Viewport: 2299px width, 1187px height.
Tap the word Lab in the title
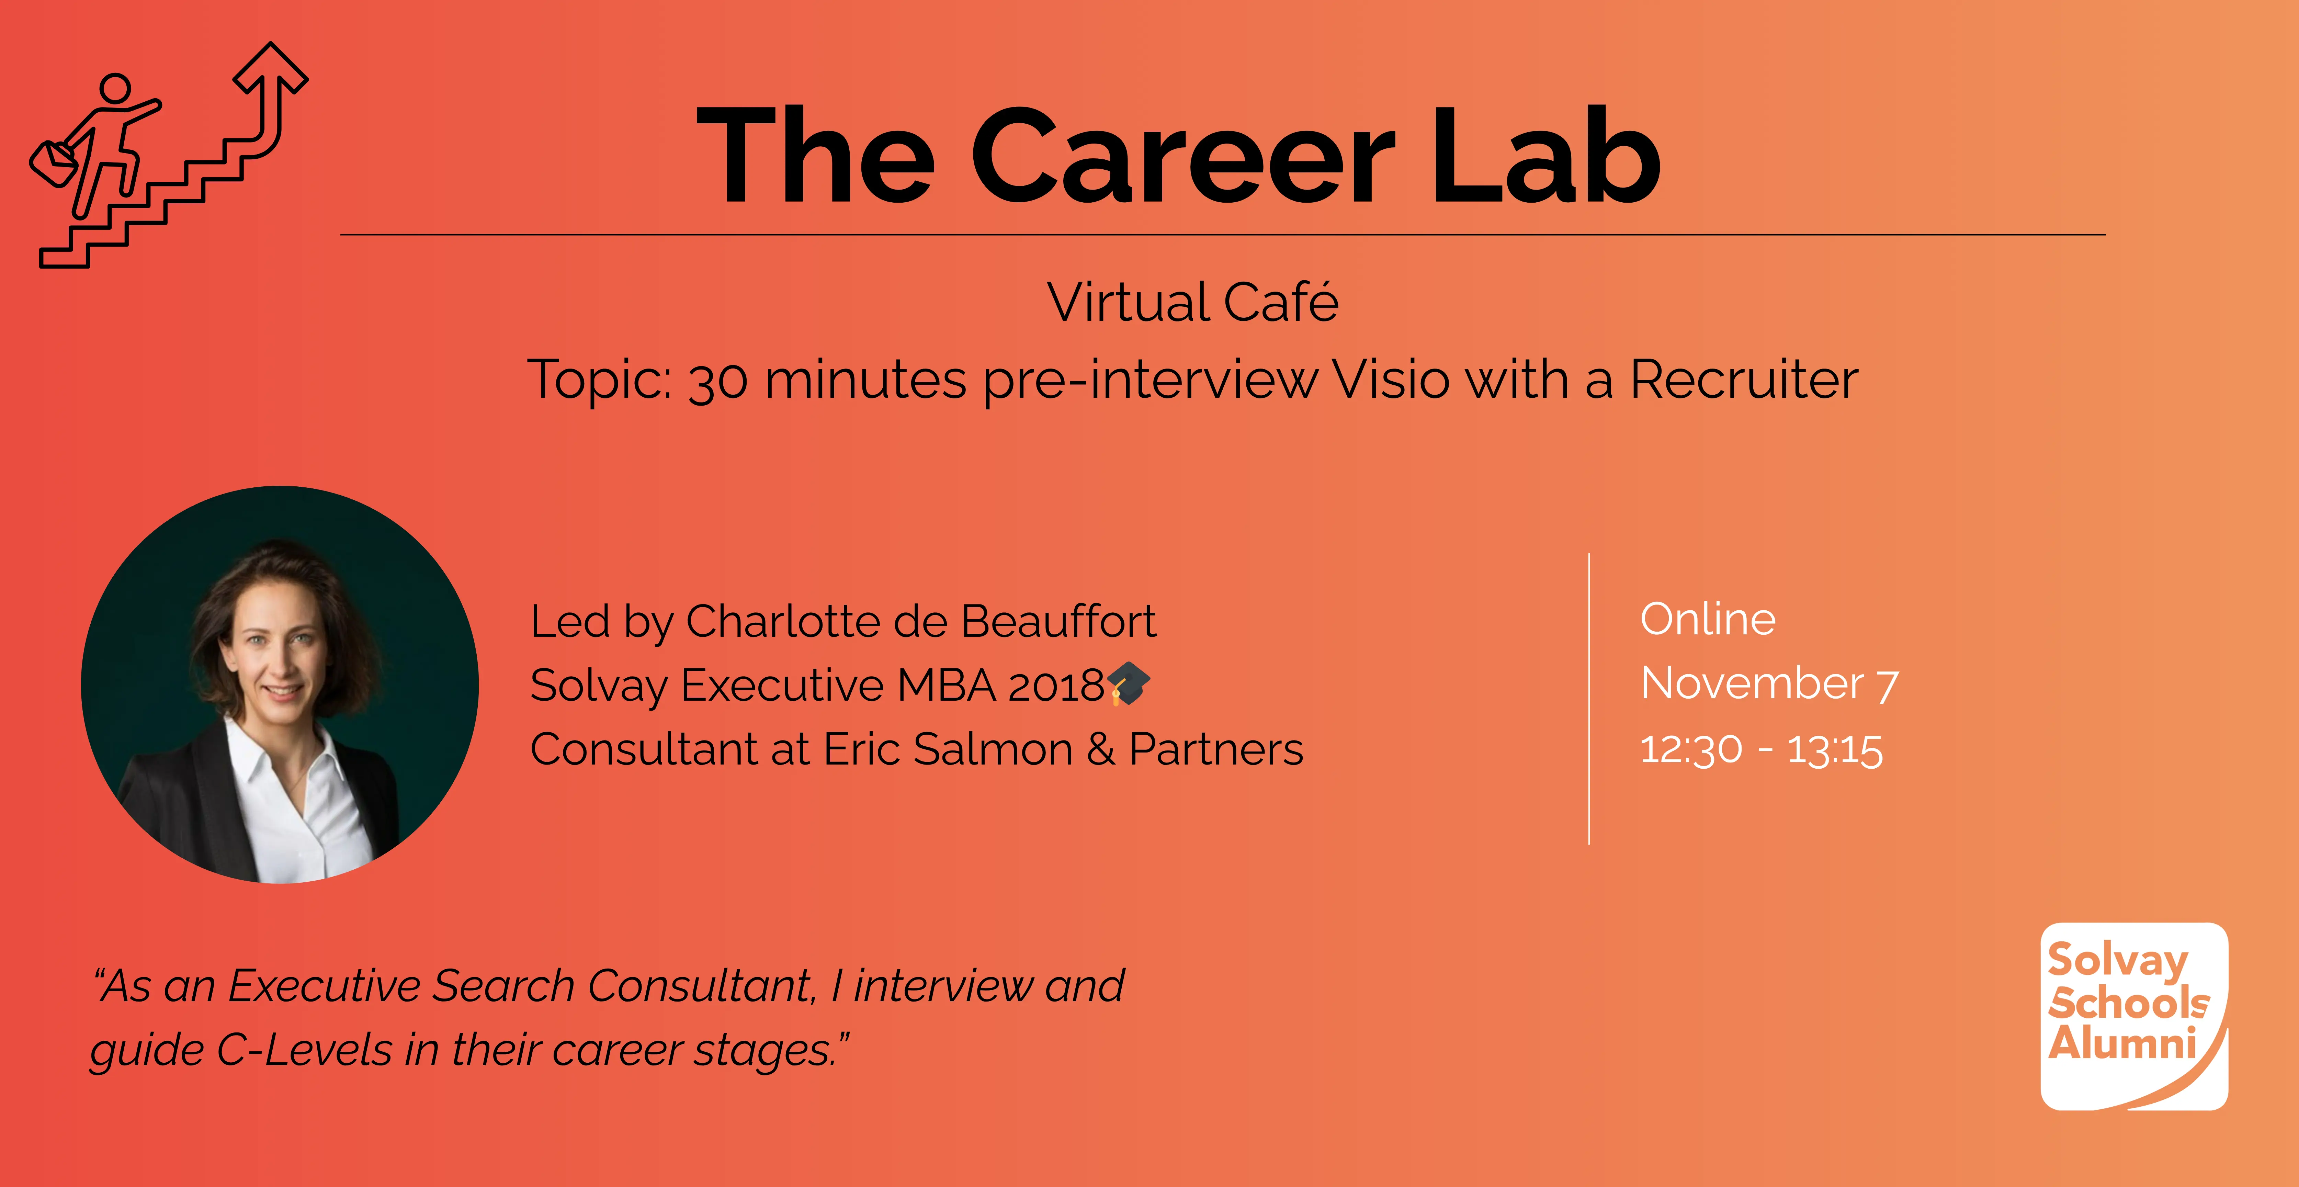click(1546, 154)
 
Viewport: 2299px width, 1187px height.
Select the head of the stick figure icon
click(115, 88)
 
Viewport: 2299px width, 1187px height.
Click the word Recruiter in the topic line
click(1744, 379)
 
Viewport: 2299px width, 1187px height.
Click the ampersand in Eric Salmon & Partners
click(1100, 749)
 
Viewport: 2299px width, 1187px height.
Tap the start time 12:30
click(1691, 749)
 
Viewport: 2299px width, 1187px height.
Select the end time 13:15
click(1835, 749)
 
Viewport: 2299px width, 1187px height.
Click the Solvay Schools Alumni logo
click(2134, 1017)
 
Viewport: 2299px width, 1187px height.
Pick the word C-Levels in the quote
click(304, 1050)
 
